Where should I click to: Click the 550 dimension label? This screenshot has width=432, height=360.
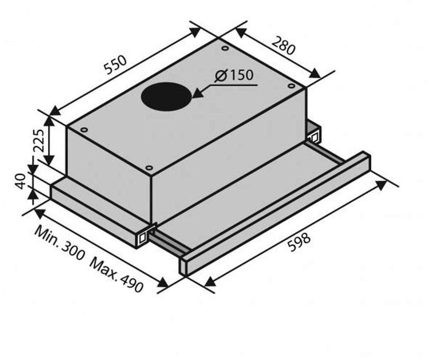(115, 65)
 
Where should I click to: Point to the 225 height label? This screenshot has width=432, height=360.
(39, 141)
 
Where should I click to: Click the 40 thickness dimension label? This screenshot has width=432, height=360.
(21, 181)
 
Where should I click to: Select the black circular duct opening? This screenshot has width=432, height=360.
(166, 96)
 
